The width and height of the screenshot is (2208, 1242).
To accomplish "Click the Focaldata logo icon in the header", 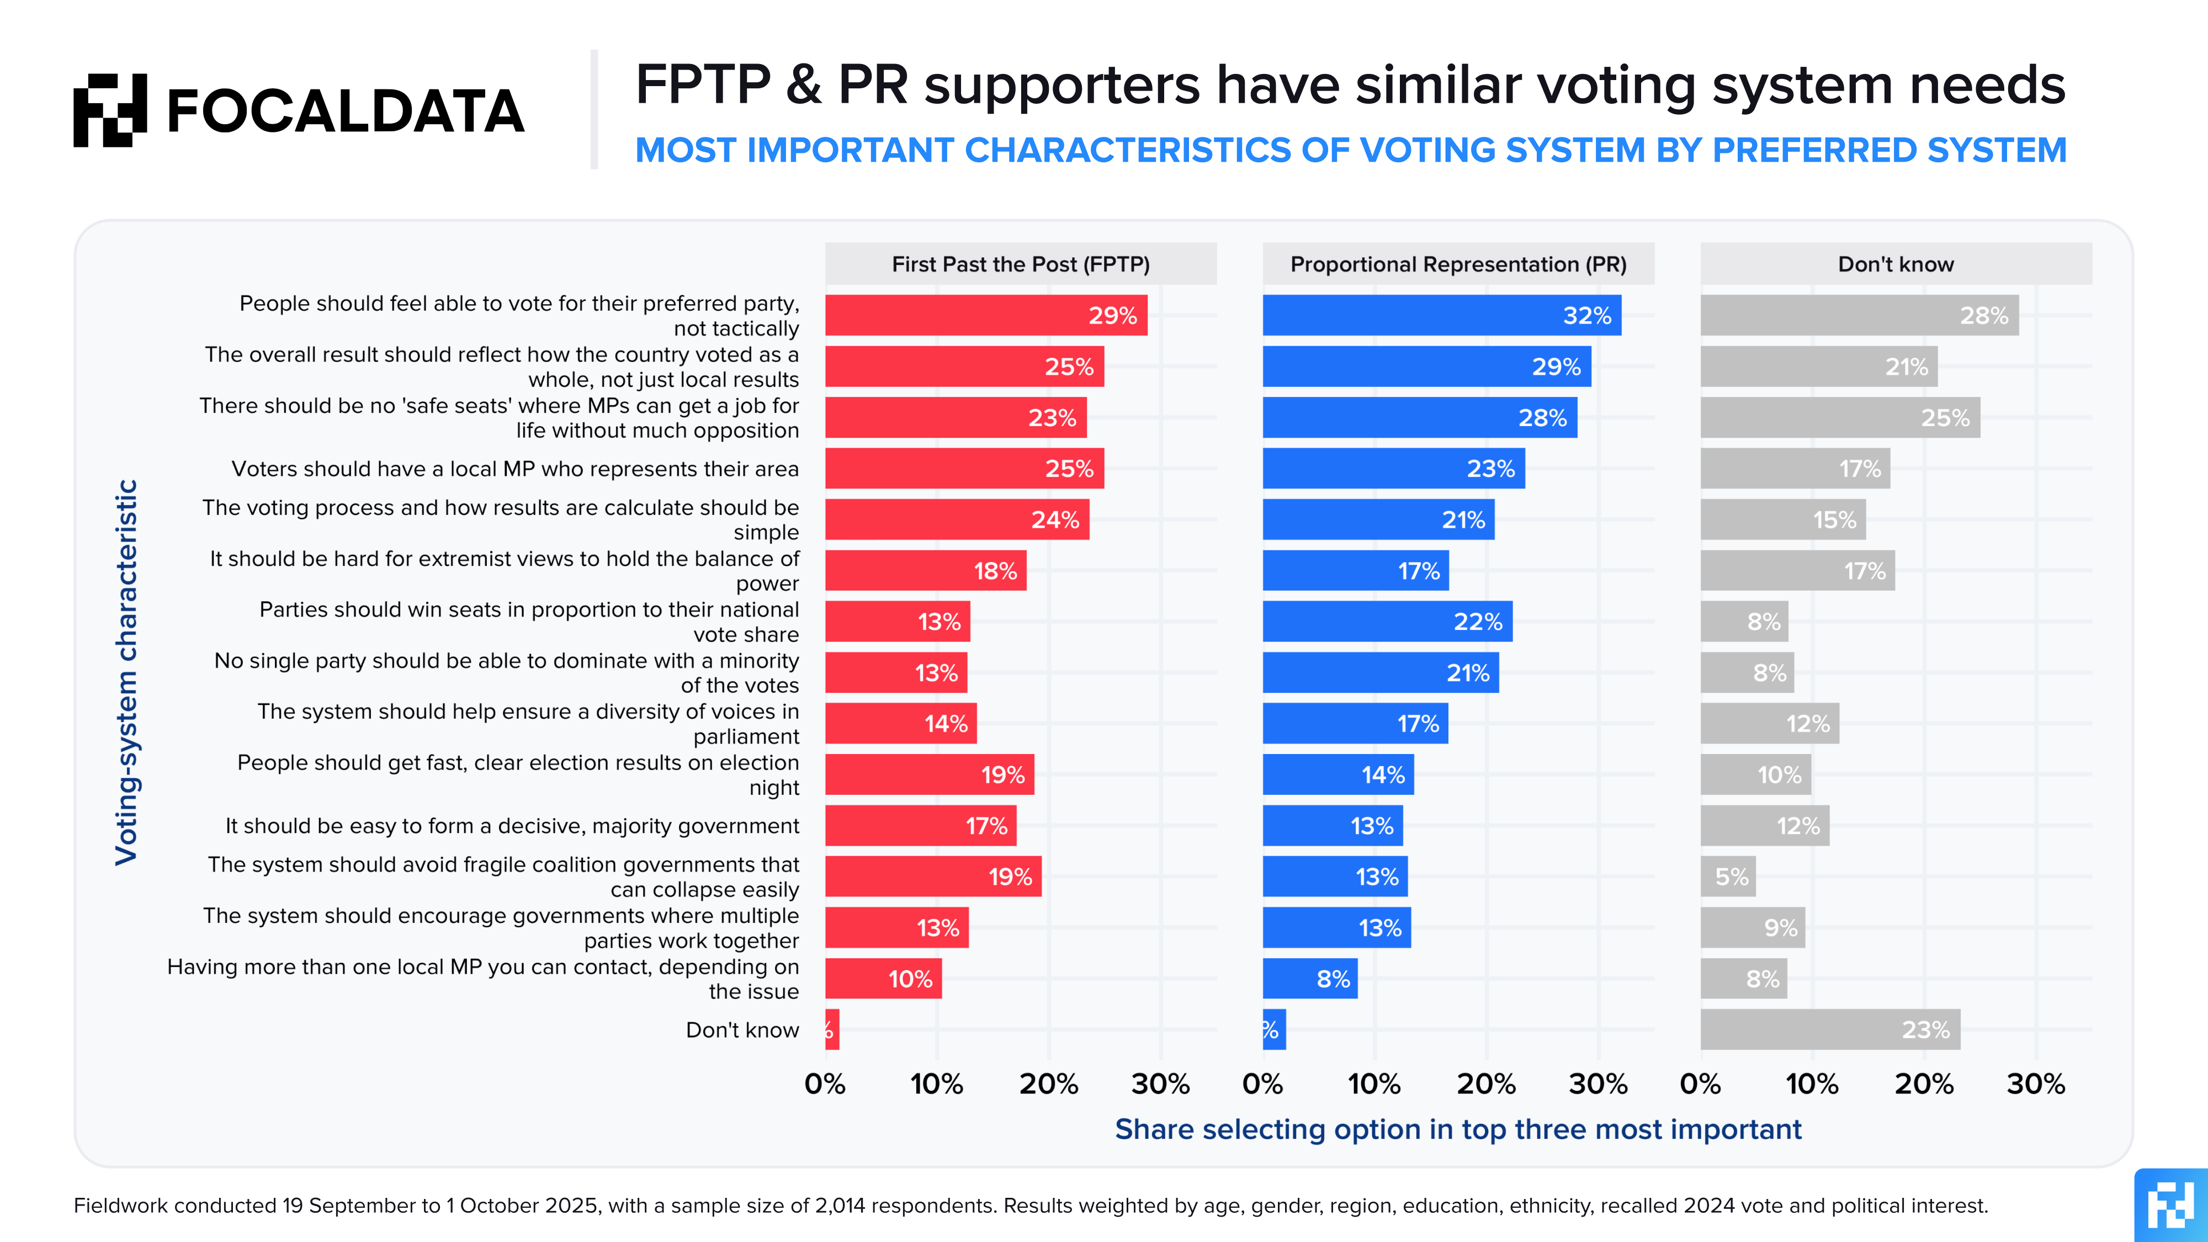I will (110, 110).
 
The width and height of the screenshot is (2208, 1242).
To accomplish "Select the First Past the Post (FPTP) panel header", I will (1020, 264).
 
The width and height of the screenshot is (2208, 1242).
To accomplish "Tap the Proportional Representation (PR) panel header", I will (1458, 264).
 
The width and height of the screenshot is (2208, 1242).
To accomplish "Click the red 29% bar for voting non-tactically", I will (986, 315).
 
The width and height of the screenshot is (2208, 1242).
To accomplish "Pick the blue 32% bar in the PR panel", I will (1442, 315).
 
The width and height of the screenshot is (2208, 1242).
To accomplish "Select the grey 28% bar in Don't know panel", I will (1859, 315).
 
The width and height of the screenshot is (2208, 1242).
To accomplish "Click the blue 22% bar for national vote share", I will (1387, 622).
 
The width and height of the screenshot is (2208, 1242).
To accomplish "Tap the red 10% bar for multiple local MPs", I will (883, 979).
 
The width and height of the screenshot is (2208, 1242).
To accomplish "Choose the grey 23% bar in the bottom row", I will (1830, 1029).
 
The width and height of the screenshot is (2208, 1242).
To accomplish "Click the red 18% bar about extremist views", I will (926, 571).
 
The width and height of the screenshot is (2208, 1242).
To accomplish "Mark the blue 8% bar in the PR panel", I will (1310, 979).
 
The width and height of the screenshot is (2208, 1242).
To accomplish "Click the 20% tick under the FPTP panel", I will (1048, 1084).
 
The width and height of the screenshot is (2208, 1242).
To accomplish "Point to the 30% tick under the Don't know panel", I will (2036, 1084).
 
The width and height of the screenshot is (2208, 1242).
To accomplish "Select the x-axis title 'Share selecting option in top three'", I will (1457, 1130).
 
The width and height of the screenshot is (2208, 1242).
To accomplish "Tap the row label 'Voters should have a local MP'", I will (514, 469).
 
